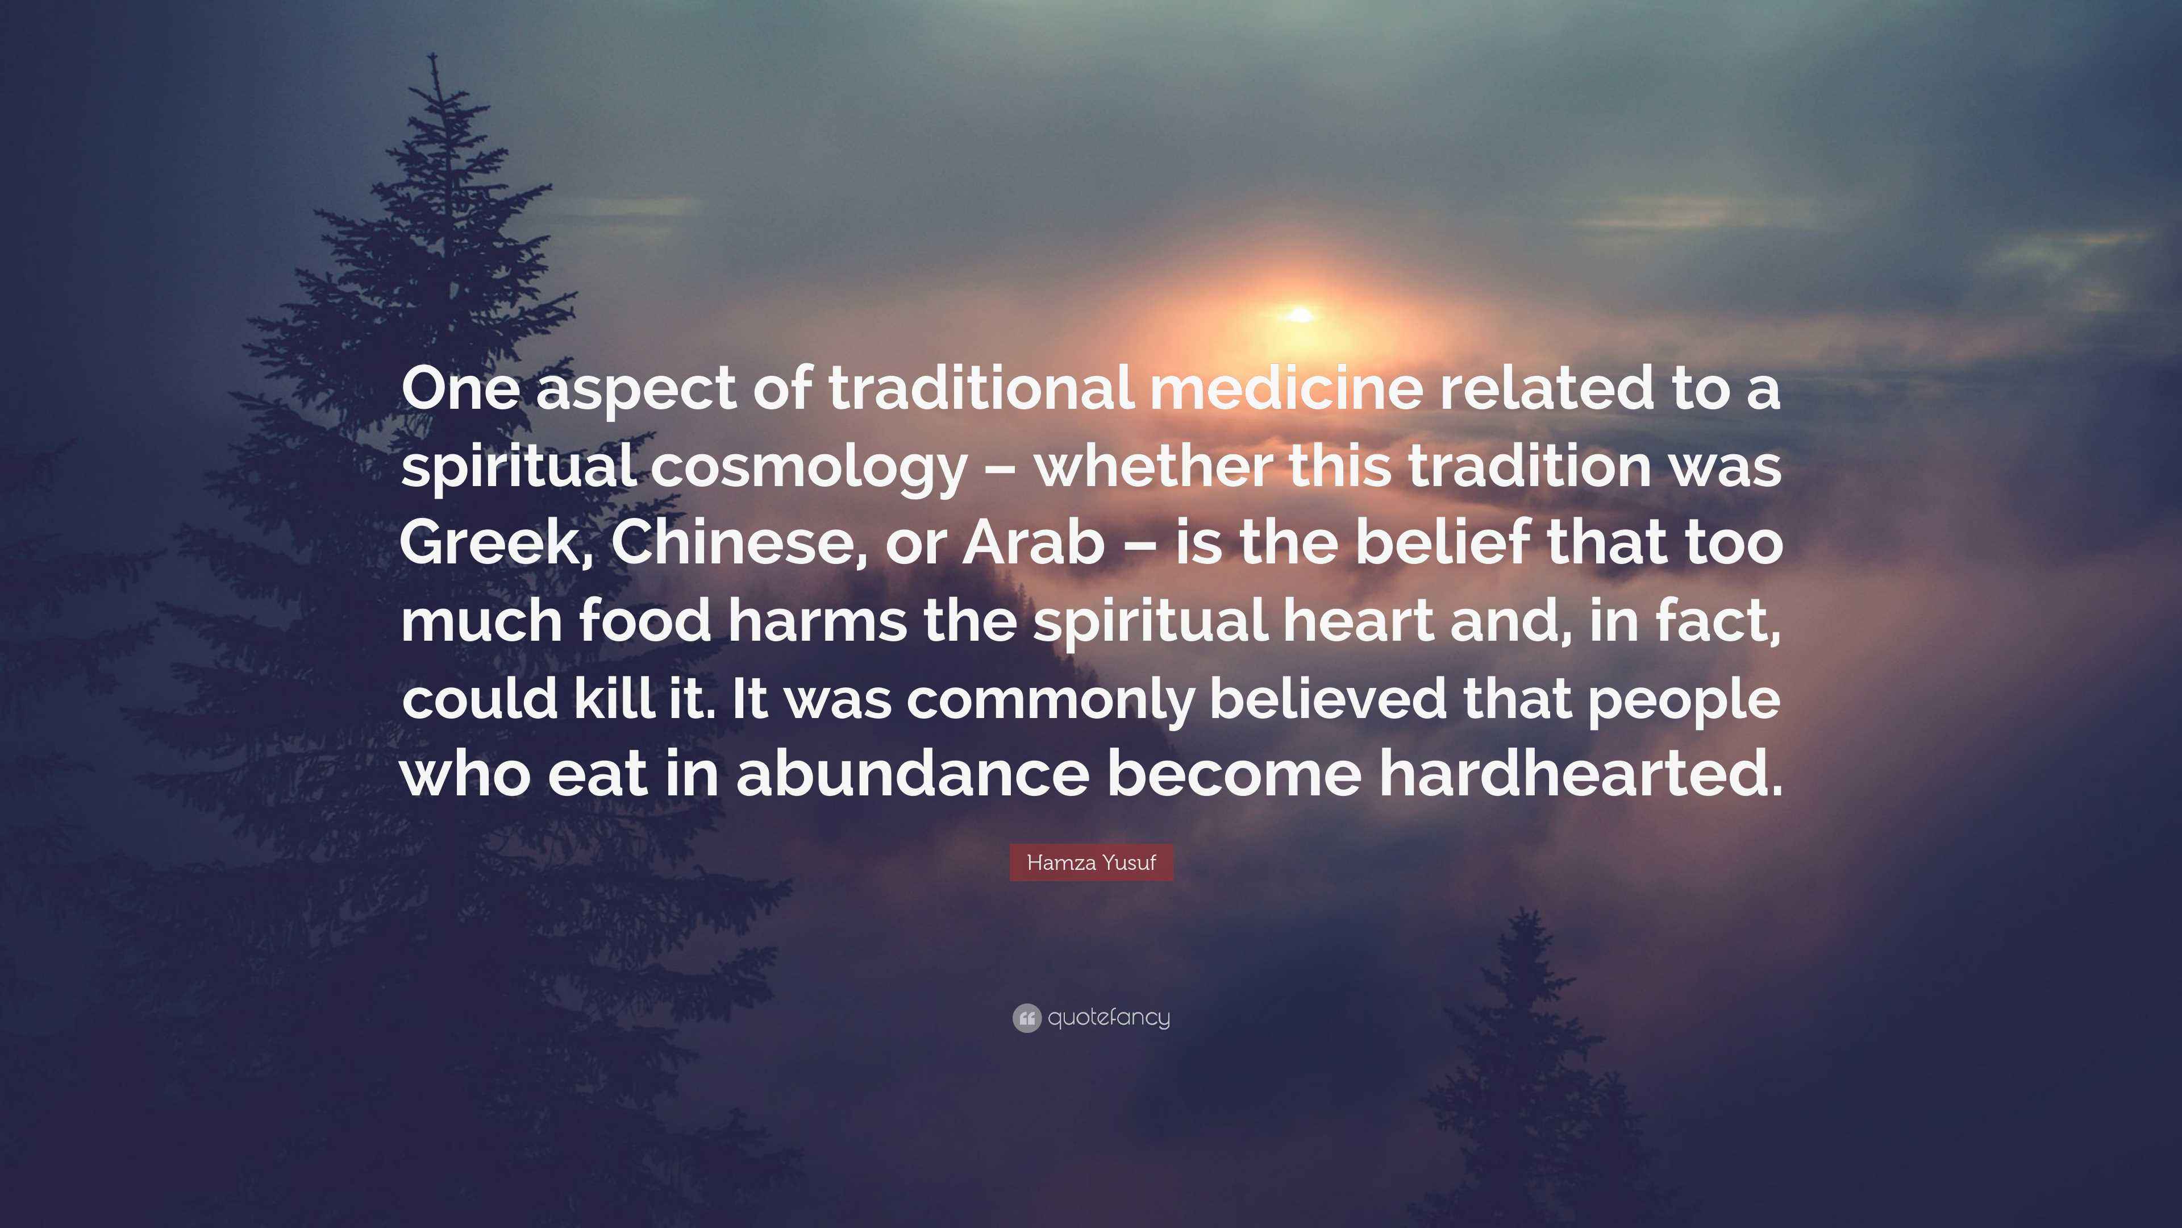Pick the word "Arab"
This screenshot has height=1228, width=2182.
tap(1034, 542)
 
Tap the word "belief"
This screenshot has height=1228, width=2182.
tap(1443, 542)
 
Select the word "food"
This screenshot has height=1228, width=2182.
tap(646, 620)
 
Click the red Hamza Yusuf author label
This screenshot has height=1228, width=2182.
tap(1091, 863)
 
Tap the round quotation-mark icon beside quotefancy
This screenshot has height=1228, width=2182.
tap(1026, 1018)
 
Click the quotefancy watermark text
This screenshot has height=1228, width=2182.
tap(1109, 1017)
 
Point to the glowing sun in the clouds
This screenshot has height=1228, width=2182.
tap(1300, 316)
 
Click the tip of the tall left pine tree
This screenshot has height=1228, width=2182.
tap(434, 54)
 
